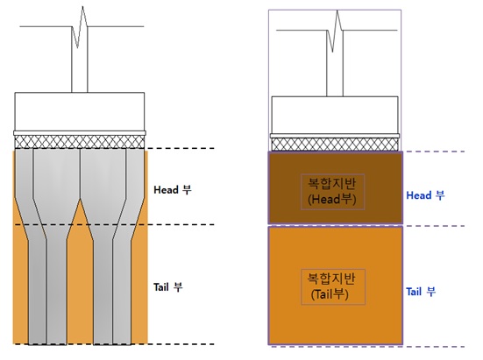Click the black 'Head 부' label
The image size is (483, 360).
click(173, 189)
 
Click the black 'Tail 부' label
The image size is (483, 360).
click(168, 287)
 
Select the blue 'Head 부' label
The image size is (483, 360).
click(425, 195)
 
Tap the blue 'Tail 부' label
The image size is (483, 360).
click(421, 292)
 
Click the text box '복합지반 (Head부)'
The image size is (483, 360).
click(333, 192)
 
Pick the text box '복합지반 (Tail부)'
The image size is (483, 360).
click(333, 286)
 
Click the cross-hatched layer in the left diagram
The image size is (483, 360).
click(80, 142)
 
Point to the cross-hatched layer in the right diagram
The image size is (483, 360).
click(335, 145)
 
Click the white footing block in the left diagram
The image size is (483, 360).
click(80, 111)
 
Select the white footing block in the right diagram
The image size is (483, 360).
click(335, 115)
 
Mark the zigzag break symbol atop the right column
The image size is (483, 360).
click(335, 31)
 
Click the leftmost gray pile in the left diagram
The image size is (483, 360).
click(30, 246)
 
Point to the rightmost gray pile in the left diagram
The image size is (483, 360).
click(129, 246)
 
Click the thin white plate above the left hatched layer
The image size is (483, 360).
click(80, 133)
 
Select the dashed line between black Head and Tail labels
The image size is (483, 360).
click(114, 224)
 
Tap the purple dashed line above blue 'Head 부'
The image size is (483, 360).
click(434, 152)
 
